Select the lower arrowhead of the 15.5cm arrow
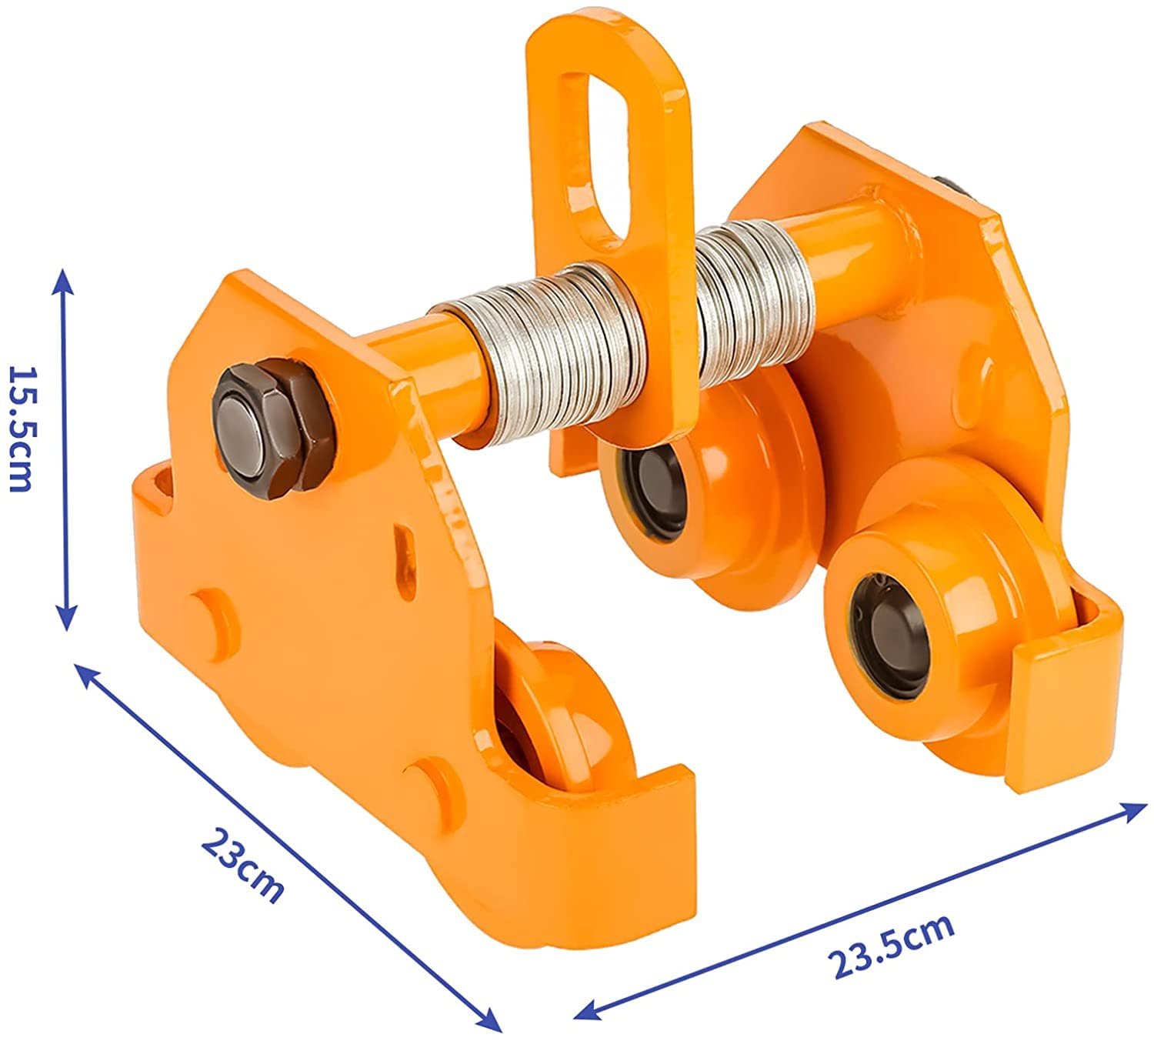pos(67,616)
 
